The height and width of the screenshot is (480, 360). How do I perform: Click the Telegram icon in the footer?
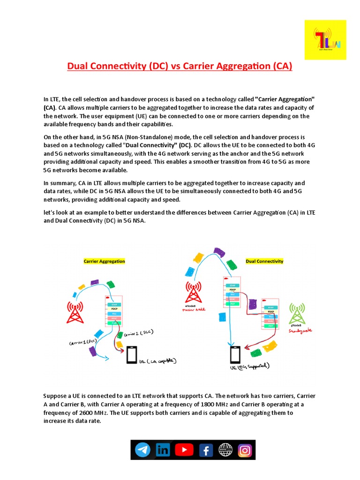click(x=142, y=450)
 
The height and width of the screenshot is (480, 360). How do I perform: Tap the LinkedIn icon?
click(x=163, y=450)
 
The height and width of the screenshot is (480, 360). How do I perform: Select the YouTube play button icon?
click(x=184, y=450)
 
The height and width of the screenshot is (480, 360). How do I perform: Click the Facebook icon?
click(x=204, y=450)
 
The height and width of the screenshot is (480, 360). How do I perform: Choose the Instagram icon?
click(x=245, y=450)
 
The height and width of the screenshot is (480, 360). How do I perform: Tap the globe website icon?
click(x=225, y=450)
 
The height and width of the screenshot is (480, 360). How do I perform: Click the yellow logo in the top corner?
click(x=325, y=40)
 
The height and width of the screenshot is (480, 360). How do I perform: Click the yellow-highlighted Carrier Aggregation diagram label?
click(x=104, y=261)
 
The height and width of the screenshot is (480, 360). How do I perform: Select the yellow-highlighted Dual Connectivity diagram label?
click(x=264, y=261)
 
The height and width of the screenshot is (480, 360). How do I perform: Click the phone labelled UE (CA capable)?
click(x=131, y=355)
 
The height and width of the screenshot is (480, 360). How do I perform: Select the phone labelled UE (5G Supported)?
click(x=234, y=355)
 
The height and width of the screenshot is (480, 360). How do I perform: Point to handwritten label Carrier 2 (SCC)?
click(x=139, y=333)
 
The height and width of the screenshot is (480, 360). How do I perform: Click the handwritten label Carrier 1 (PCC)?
click(x=82, y=343)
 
